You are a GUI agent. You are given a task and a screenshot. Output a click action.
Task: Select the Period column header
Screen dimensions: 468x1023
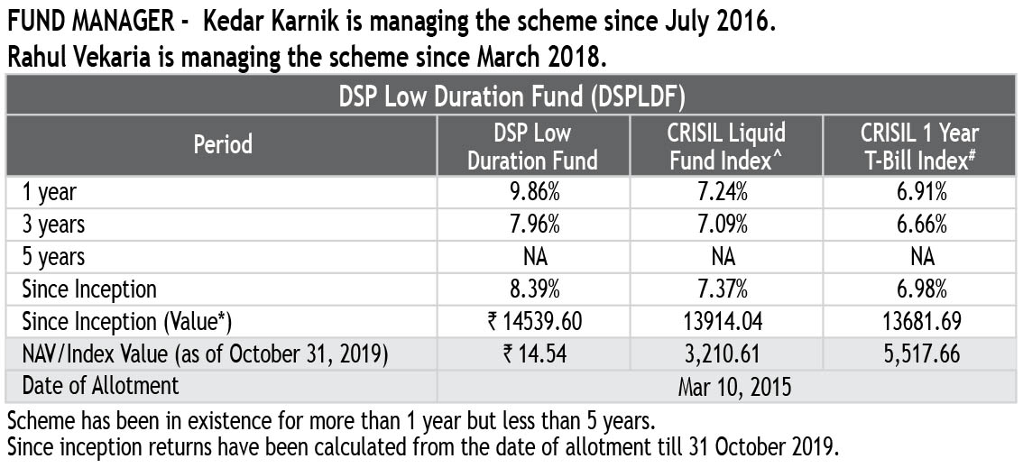click(223, 144)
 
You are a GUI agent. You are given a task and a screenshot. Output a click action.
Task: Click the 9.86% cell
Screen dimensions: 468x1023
click(532, 191)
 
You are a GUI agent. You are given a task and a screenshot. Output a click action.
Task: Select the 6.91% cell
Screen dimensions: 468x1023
click(921, 191)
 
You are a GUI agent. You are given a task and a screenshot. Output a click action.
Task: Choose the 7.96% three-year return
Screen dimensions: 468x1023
click(532, 224)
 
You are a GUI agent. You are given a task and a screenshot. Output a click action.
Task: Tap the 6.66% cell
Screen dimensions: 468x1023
click(921, 224)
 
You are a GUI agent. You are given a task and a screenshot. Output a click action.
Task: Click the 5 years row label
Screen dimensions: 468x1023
click(53, 257)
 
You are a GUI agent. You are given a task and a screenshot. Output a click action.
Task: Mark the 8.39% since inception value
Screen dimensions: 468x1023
click(532, 289)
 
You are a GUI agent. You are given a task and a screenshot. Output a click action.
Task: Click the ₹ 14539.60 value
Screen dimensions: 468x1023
click(532, 322)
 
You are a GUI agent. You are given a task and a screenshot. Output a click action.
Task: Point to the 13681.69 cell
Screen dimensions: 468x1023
click(921, 322)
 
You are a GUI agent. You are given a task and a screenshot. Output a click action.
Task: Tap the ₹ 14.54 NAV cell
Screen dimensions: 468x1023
click(532, 354)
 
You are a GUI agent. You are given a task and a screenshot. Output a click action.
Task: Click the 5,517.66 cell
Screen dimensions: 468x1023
click(921, 354)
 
